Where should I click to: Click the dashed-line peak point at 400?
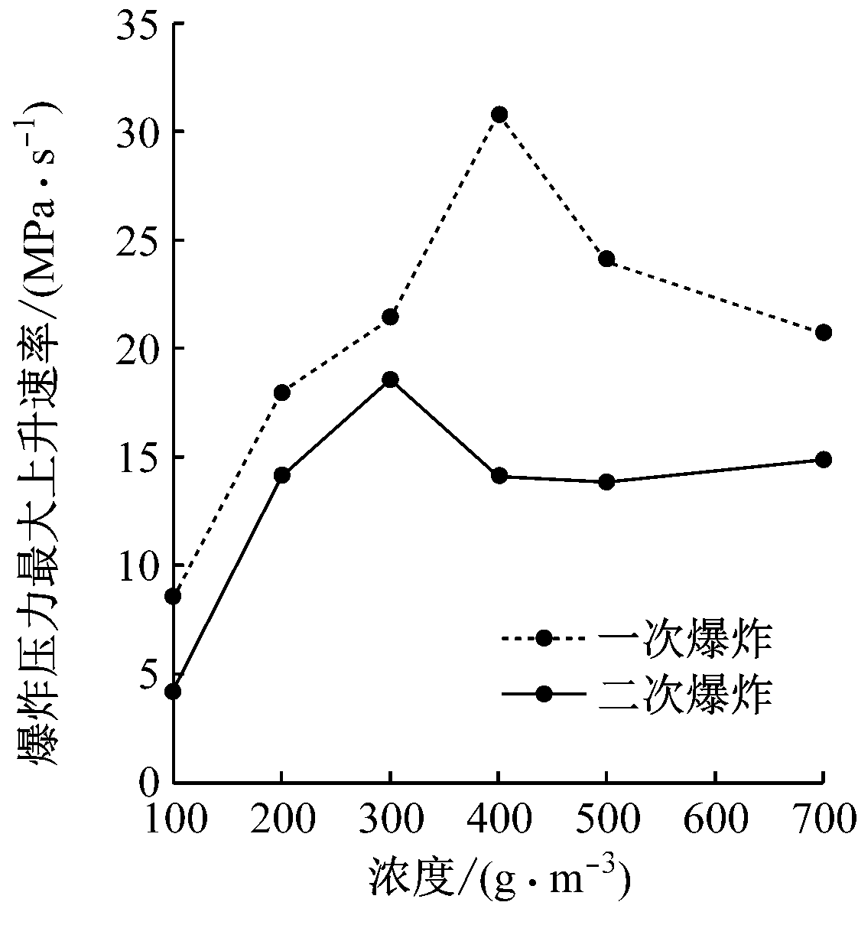[499, 115]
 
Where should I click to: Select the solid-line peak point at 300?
[390, 379]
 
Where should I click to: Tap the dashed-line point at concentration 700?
[823, 332]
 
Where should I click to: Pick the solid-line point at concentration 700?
[823, 459]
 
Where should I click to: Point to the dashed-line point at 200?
[281, 392]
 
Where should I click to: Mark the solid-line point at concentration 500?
[606, 481]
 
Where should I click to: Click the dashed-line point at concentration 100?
[174, 596]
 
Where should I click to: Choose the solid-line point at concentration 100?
[174, 691]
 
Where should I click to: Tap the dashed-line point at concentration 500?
[606, 259]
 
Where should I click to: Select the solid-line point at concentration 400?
[499, 475]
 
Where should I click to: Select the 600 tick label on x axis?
[714, 820]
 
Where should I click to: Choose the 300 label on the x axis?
[390, 820]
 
